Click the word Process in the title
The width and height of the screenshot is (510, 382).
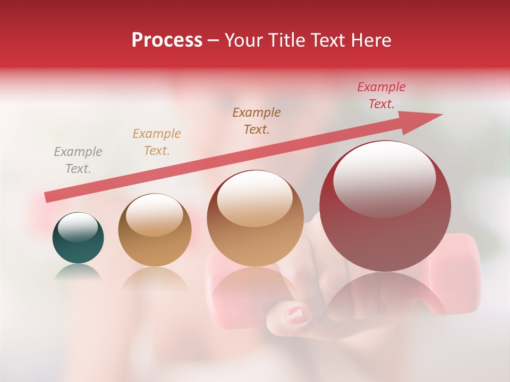point(167,40)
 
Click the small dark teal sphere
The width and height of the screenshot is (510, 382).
point(78,238)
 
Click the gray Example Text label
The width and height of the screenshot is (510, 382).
point(78,160)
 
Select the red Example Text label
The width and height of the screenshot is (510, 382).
point(381,95)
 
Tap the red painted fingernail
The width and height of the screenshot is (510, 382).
point(299,314)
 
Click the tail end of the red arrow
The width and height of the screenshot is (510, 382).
point(48,197)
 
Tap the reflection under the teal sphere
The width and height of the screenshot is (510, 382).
point(78,273)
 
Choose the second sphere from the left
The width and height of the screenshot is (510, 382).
point(154,230)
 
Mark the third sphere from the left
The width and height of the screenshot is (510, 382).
point(255,218)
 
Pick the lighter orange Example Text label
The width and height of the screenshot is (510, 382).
point(157,142)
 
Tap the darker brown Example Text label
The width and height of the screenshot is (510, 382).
point(257,120)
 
